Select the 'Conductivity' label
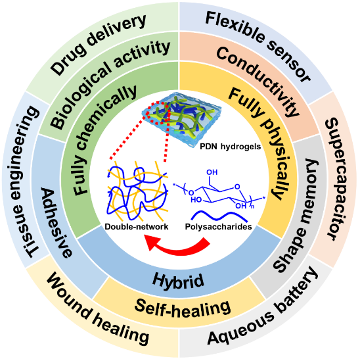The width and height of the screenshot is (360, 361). pyautogui.click(x=258, y=82)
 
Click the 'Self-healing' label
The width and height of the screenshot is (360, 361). pyautogui.click(x=183, y=308)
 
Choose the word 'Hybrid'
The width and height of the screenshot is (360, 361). pyautogui.click(x=178, y=281)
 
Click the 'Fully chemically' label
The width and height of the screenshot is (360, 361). pyautogui.click(x=104, y=141)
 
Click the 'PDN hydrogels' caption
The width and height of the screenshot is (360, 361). pyautogui.click(x=231, y=147)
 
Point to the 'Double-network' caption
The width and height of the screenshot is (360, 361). pyautogui.click(x=137, y=227)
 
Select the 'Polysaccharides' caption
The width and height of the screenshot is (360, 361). pyautogui.click(x=219, y=227)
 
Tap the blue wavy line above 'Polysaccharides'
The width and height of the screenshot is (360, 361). pyautogui.click(x=219, y=216)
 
